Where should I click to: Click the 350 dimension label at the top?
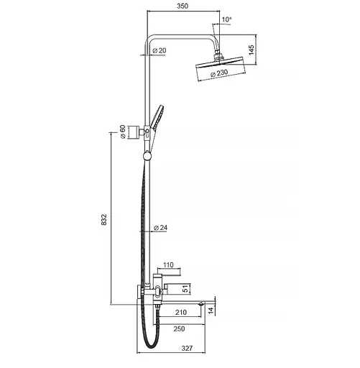click(183, 6)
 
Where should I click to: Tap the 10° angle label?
click(226, 19)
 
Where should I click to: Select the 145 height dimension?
click(251, 50)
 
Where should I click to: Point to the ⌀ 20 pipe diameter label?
click(160, 50)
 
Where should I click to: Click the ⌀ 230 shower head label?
click(219, 73)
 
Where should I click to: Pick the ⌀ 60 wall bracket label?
click(122, 132)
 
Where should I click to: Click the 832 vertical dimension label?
click(103, 219)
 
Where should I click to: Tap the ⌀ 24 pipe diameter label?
click(160, 227)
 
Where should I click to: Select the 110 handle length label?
click(168, 265)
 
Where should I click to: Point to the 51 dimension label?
click(185, 289)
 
